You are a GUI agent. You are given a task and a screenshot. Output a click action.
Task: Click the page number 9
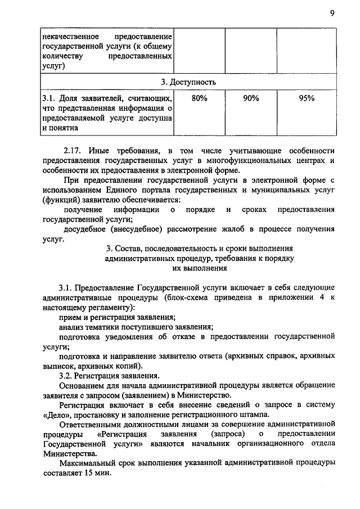332,14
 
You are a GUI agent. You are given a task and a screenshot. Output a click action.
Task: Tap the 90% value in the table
250,98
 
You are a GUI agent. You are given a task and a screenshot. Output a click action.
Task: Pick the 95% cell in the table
307,98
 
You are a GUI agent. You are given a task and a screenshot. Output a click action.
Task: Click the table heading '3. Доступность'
188,82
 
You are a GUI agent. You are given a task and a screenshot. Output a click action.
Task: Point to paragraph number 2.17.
74,150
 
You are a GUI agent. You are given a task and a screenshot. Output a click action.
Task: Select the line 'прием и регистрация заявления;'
117,318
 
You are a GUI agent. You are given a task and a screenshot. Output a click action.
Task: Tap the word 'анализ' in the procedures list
73,327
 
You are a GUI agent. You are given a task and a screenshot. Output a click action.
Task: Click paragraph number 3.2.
68,376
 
